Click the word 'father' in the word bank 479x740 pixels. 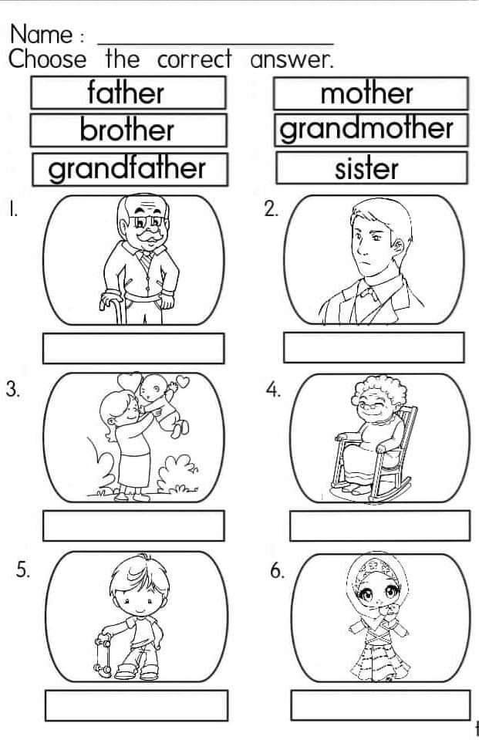point(126,93)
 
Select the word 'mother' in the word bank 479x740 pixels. point(366,93)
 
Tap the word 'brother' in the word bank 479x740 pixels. point(127,130)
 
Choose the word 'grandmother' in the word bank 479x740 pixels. point(366,129)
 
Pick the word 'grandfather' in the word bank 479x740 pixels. point(127,168)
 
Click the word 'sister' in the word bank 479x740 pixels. point(366,168)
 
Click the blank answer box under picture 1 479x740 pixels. point(133,348)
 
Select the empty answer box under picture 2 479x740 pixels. point(374,347)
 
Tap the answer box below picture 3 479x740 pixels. point(133,525)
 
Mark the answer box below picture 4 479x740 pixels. point(380,525)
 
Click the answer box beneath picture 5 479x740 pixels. point(137,705)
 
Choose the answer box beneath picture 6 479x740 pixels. point(380,705)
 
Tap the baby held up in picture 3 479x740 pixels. point(163,405)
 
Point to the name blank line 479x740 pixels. point(215,44)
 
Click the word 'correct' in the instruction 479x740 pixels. point(194,60)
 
